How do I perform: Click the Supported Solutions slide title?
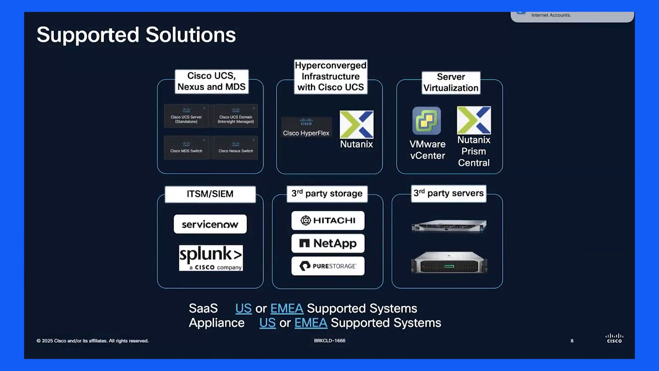coord(136,35)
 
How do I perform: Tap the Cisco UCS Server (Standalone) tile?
coord(186,116)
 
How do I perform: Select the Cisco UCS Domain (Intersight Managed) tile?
coord(236,116)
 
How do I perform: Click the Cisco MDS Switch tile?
coord(186,148)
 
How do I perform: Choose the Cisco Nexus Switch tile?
coord(236,148)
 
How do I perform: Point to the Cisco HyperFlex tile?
coord(307,127)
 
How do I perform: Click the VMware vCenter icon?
coord(427,121)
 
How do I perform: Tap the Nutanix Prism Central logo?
coord(474,120)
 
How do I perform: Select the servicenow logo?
coord(210,224)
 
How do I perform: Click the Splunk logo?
coord(211,258)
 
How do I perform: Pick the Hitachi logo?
coord(328,221)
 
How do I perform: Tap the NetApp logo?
coord(328,243)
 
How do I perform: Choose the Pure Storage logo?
coord(328,266)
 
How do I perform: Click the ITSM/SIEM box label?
coord(210,194)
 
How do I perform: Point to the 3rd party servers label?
coord(449,193)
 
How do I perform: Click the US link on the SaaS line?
coord(243,308)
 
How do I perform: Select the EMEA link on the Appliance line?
coord(311,323)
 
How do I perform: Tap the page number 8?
coord(572,341)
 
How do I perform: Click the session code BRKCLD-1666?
coord(329,341)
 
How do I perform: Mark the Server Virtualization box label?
coord(451,82)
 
